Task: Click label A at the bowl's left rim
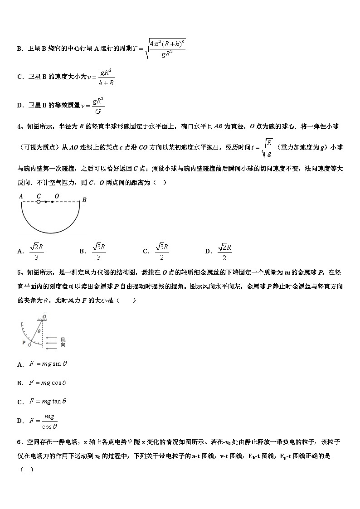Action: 21,196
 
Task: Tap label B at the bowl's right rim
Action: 84,199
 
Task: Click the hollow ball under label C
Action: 39,202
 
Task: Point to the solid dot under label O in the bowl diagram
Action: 52,202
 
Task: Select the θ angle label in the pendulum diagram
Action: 39,331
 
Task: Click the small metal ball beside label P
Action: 29,345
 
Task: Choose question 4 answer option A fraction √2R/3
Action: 36,251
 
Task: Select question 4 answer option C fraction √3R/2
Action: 162,251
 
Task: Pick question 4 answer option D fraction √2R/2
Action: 224,251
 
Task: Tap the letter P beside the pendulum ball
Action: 23,342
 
